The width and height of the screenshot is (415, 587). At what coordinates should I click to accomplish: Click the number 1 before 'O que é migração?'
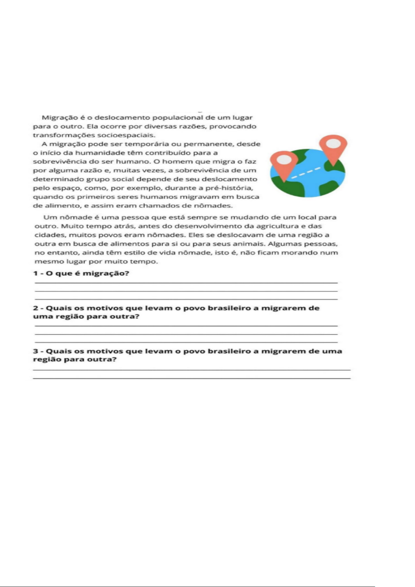[35, 273]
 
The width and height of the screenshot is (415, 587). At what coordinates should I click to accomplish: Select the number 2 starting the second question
[35, 308]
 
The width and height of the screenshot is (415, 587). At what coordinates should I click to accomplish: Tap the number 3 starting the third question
[35, 351]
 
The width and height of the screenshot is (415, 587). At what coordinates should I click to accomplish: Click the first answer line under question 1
[186, 283]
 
